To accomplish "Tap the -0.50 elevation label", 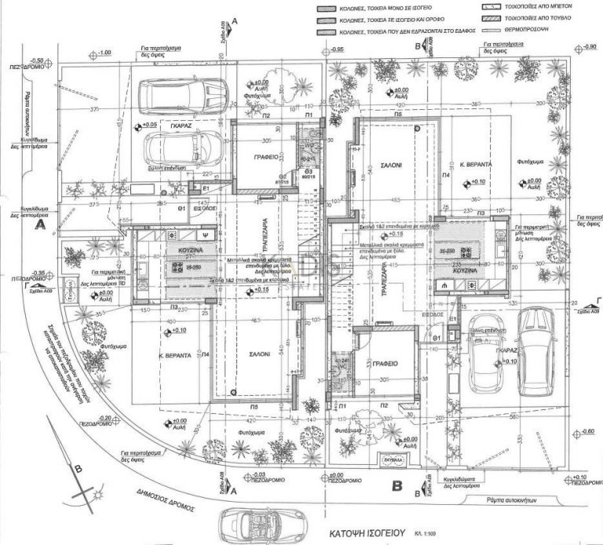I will [36, 60].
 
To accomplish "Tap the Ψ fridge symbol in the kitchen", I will [205, 234].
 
